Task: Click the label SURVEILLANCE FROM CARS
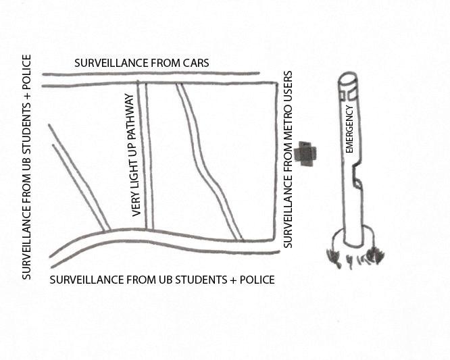(141, 63)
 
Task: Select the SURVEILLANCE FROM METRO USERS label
(288, 159)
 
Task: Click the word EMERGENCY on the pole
(350, 128)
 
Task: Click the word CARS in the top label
(195, 63)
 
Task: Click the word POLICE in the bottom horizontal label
(255, 279)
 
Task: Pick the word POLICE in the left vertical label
(26, 72)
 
